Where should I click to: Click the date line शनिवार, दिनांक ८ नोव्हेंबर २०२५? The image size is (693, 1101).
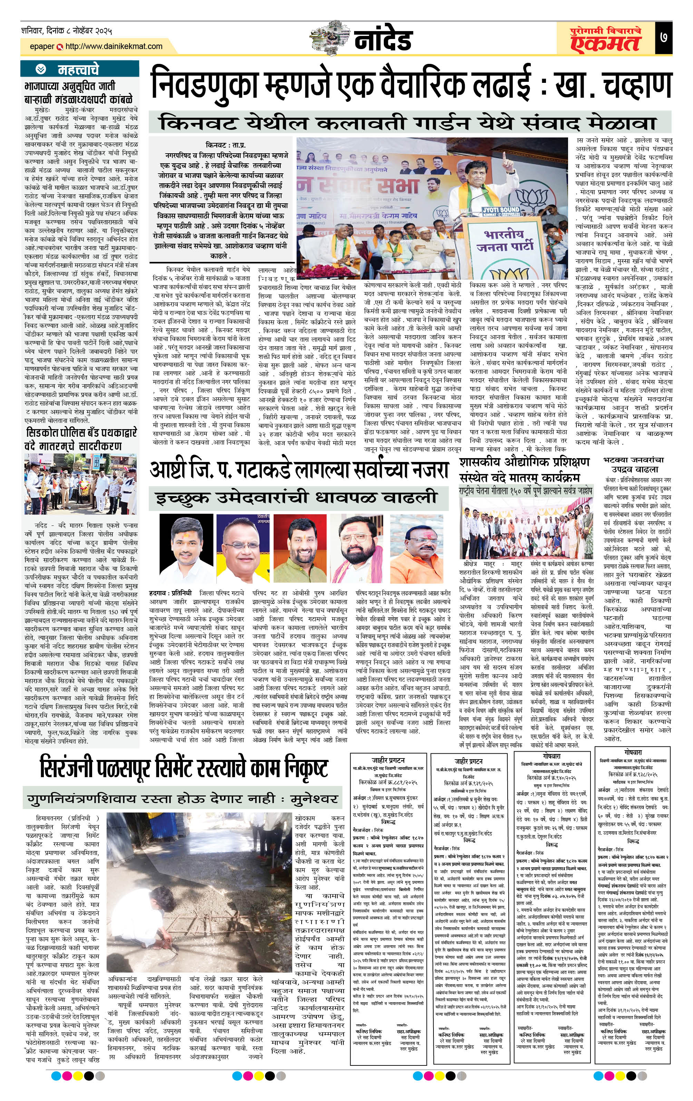tap(66, 31)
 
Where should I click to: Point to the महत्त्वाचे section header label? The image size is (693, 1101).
tap(78, 69)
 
